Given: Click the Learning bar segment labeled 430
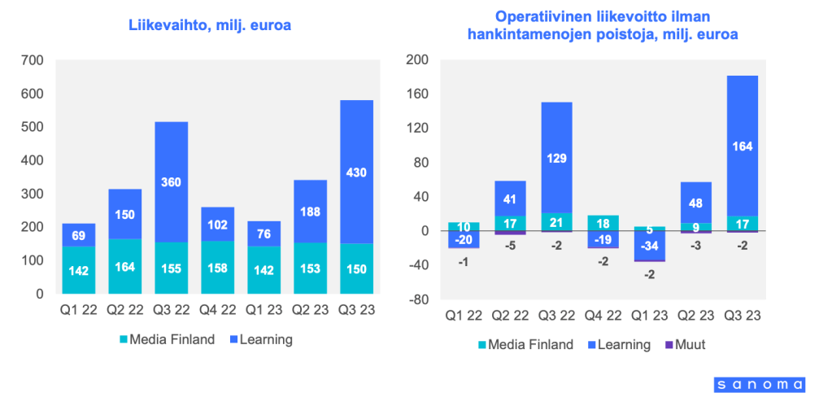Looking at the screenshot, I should tap(358, 172).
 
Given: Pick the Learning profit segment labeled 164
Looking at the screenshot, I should tap(742, 146).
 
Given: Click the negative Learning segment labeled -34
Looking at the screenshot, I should tap(649, 246).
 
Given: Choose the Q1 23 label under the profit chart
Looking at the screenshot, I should tap(649, 315).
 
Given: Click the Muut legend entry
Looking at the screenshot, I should tap(684, 344).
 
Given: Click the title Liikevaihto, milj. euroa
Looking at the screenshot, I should tap(210, 25).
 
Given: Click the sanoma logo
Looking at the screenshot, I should tap(760, 384).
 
